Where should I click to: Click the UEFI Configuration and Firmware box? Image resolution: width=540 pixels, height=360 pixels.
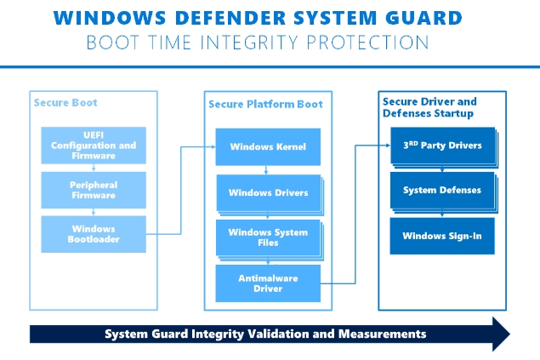pos(94,146)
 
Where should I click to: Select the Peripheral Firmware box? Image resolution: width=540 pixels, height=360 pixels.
pos(94,191)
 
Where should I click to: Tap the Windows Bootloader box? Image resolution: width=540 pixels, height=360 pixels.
pos(94,234)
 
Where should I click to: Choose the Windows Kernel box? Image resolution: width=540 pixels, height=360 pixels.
pos(268,147)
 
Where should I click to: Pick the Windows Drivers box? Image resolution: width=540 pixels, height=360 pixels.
pos(268,192)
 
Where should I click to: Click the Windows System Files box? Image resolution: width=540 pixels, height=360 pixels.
pos(268,237)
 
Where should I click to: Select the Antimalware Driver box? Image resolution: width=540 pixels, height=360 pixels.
pos(268,283)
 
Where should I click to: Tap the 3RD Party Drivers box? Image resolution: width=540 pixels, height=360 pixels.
pos(441,146)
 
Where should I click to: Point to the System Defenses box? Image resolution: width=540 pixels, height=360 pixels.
pos(441,191)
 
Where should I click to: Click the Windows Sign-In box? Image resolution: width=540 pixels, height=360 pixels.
pos(441,236)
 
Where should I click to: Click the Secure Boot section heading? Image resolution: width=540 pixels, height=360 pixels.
pos(65,103)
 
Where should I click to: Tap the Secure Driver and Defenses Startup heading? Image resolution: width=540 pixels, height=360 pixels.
pos(429,107)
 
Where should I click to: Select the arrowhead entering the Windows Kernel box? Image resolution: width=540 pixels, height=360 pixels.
pos(213,147)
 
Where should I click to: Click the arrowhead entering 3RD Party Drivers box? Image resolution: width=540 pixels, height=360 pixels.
pos(387,146)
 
